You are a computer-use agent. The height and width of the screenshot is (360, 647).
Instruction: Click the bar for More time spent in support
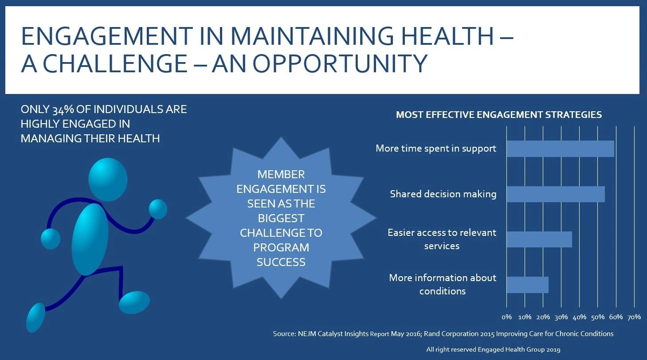[560, 149]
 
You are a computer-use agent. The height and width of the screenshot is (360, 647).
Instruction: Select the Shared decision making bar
[555, 194]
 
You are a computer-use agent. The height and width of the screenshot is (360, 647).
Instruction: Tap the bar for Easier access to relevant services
[539, 239]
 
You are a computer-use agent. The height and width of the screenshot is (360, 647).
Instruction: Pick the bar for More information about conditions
[527, 285]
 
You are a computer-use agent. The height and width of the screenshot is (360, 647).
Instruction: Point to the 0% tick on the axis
[506, 317]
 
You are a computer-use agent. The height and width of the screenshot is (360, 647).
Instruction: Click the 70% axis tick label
[634, 317]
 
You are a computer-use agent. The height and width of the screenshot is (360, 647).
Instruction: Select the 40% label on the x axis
[580, 317]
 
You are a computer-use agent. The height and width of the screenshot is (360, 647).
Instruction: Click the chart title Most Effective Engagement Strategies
[498, 115]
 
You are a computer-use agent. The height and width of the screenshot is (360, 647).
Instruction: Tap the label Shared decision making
[443, 194]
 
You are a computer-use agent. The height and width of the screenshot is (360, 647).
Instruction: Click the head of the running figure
[108, 180]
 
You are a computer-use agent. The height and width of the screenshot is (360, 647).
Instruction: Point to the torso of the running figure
[90, 239]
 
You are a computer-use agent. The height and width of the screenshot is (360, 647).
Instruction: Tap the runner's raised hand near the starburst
[158, 209]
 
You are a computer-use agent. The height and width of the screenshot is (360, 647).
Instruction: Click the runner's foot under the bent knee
[134, 302]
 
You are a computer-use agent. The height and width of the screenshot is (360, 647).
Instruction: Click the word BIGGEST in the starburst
[281, 218]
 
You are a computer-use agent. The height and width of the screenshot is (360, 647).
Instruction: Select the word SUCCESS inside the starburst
[281, 262]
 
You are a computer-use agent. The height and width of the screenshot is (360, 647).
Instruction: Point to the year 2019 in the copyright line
[552, 349]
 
